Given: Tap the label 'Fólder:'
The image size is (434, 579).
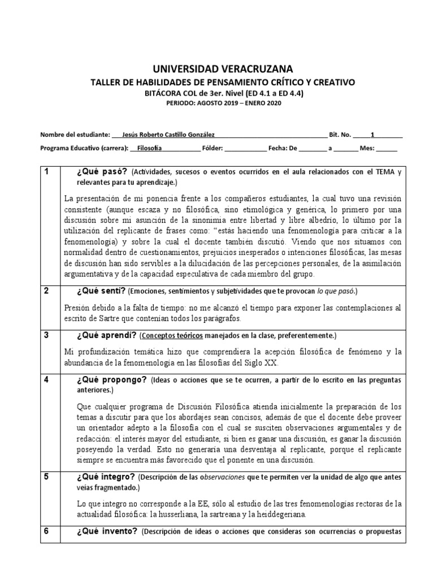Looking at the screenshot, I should (x=212, y=149).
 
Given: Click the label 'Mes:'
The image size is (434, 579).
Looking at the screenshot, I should (x=366, y=149).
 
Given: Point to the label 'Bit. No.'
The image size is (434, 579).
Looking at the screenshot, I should (x=340, y=135).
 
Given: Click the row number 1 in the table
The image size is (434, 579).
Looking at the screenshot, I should (x=47, y=171).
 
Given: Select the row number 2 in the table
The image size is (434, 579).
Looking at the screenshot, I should (x=47, y=291).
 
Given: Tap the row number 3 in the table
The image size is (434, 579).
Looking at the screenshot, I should (x=47, y=335).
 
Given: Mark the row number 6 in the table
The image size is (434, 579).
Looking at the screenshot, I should (x=47, y=531).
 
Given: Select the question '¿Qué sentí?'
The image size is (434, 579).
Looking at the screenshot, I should (x=101, y=291).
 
